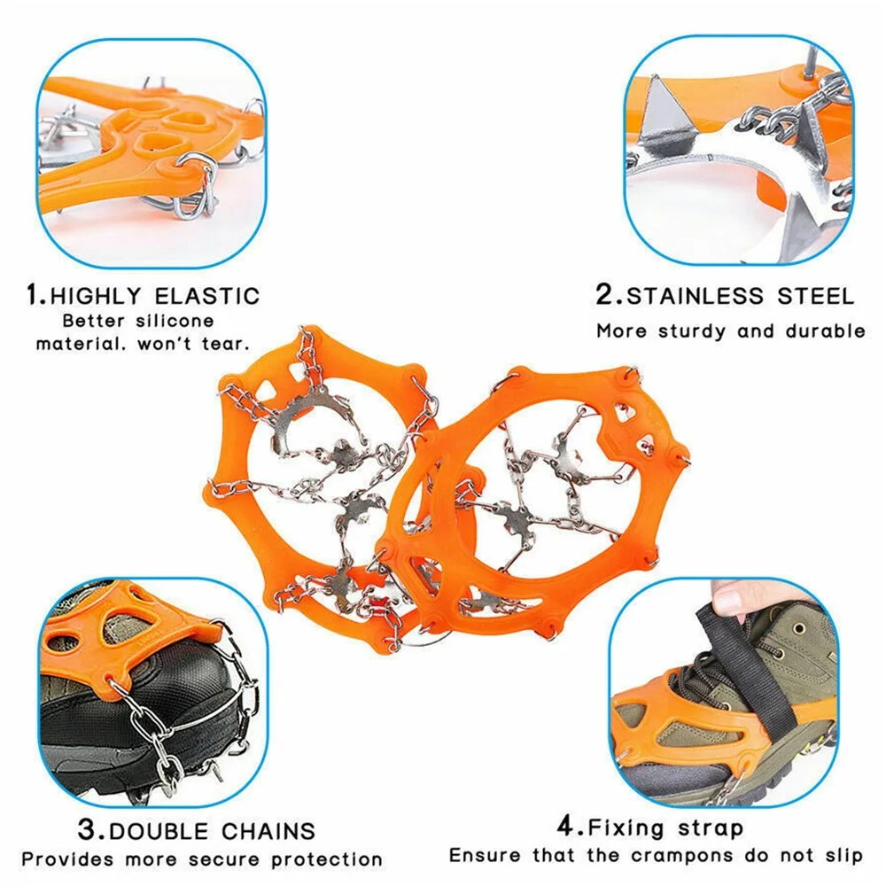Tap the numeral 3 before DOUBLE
click(x=87, y=830)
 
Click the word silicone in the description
click(x=175, y=320)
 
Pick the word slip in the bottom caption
click(x=842, y=856)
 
